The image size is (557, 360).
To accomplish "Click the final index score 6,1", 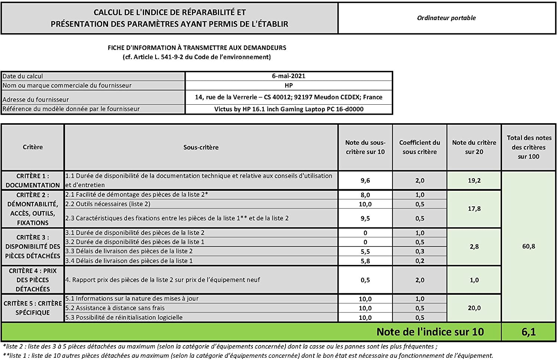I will coord(528,332).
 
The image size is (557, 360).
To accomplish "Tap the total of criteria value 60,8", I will coord(528,246).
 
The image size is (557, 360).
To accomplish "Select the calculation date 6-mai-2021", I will coord(289,76).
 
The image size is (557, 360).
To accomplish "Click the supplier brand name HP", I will coord(289,85).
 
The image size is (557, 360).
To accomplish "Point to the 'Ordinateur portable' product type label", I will coord(446,18).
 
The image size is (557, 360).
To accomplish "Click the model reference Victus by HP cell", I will coord(289,109).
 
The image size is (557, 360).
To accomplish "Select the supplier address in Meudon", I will coord(289,97).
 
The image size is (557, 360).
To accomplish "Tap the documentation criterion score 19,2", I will coord(474,180).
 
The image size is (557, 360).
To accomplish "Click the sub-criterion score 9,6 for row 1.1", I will coord(365,180).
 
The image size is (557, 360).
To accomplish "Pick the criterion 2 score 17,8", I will coord(474,209).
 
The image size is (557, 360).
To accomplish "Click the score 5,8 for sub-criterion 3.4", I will coord(365,261).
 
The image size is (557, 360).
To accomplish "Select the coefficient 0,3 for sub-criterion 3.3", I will coord(420,251).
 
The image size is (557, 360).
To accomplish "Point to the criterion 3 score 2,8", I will coord(474,246).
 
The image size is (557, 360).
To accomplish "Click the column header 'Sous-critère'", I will coord(201,147).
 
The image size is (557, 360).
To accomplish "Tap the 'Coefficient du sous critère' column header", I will coord(420,147).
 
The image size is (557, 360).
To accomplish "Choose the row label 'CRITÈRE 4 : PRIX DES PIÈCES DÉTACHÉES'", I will coord(33,280).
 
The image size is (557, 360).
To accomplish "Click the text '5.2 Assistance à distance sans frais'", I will coord(115,308).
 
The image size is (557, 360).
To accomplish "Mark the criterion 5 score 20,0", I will coord(474,308).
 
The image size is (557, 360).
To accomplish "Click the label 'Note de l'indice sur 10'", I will coord(430,332).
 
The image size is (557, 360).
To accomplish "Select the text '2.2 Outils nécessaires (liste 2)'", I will coord(108,204).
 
